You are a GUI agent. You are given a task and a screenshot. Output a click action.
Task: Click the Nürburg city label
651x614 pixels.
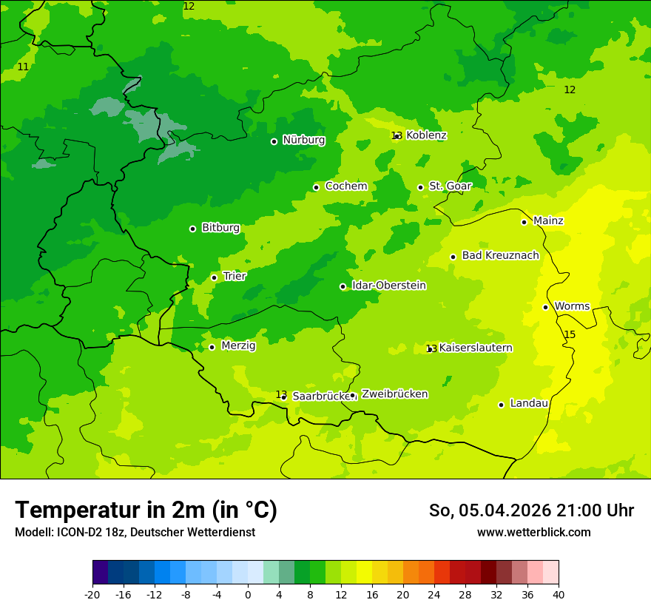[303, 140]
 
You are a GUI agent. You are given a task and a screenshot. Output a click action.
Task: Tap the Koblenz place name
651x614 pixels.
[426, 135]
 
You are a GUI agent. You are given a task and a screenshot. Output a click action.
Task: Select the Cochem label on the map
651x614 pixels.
[346, 186]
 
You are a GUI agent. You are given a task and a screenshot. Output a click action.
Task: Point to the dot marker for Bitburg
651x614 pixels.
[192, 229]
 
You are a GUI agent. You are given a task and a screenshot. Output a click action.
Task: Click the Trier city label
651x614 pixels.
[235, 276]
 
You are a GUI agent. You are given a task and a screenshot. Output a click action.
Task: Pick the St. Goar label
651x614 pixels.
[450, 186]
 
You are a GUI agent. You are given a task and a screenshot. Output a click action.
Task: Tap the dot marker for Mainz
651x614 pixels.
[524, 222]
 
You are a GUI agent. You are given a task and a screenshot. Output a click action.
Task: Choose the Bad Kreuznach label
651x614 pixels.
[500, 256]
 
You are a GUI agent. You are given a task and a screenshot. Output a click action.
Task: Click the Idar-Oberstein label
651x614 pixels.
[388, 286]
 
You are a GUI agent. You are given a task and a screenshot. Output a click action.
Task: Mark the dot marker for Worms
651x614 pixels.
[545, 307]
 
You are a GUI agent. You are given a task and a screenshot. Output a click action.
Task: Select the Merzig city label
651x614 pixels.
[238, 346]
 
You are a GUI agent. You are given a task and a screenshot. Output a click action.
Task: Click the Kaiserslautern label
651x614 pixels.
[476, 348]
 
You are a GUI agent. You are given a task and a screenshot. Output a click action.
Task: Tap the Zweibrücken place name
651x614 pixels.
[394, 394]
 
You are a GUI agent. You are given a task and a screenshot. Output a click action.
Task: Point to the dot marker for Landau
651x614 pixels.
[501, 405]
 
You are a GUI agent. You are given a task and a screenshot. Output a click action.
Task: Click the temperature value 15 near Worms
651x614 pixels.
[570, 335]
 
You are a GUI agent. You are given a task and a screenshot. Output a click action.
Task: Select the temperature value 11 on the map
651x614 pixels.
[23, 67]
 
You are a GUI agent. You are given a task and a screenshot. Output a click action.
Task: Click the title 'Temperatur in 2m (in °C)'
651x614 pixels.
[146, 510]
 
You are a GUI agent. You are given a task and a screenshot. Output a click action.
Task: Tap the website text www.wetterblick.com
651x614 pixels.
[533, 533]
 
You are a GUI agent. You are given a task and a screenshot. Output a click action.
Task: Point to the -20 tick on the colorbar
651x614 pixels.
[92, 595]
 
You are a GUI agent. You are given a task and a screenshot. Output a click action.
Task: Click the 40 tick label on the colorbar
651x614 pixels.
[559, 595]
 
